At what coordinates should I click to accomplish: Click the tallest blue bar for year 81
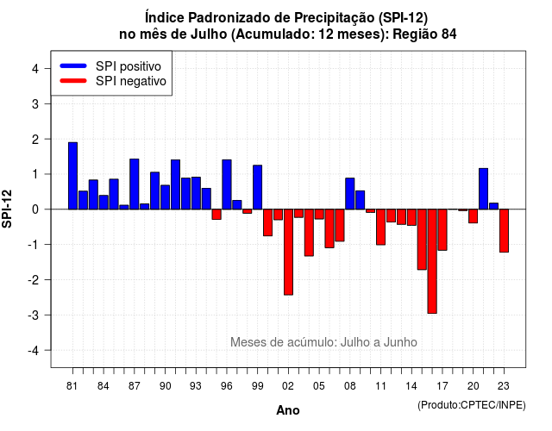72,176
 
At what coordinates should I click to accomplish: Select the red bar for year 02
288,252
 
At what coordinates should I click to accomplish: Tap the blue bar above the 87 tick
135,184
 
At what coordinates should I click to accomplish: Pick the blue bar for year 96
227,184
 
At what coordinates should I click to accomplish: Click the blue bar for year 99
257,187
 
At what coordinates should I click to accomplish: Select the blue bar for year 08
350,193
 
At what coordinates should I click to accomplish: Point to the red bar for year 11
380,227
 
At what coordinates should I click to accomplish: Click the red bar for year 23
504,231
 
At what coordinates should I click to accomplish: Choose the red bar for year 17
442,230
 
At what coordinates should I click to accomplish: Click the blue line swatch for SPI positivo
73,66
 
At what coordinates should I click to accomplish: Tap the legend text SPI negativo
131,81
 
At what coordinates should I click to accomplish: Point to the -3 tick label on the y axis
34,315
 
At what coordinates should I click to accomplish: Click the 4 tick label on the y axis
35,69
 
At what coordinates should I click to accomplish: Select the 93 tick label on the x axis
196,386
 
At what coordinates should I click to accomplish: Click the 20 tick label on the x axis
474,386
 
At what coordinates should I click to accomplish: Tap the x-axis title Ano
288,410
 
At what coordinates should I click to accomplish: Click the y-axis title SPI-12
7,209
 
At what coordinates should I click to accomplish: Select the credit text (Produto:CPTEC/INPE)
472,405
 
